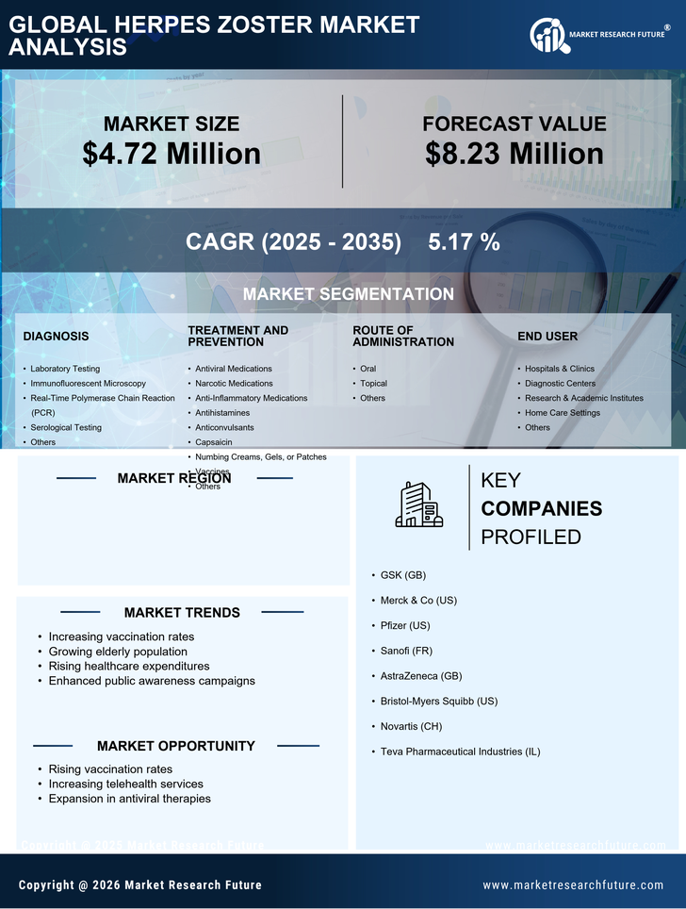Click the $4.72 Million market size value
[x=171, y=154]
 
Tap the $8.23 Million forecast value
[x=514, y=154]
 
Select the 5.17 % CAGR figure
[x=464, y=242]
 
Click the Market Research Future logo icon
[x=547, y=36]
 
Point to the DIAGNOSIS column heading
[x=56, y=336]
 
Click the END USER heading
[x=547, y=336]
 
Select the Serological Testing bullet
[x=66, y=427]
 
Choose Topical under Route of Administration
[x=373, y=383]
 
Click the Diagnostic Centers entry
[x=560, y=383]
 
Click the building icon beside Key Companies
[x=418, y=505]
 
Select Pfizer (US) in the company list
[x=405, y=625]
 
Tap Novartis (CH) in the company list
[x=411, y=726]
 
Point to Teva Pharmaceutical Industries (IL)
[x=460, y=752]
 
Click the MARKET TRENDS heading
[x=182, y=612]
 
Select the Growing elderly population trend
[x=118, y=652]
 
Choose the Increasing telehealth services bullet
[x=125, y=784]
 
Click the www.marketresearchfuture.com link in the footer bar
[x=573, y=885]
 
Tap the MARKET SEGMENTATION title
[x=348, y=294]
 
